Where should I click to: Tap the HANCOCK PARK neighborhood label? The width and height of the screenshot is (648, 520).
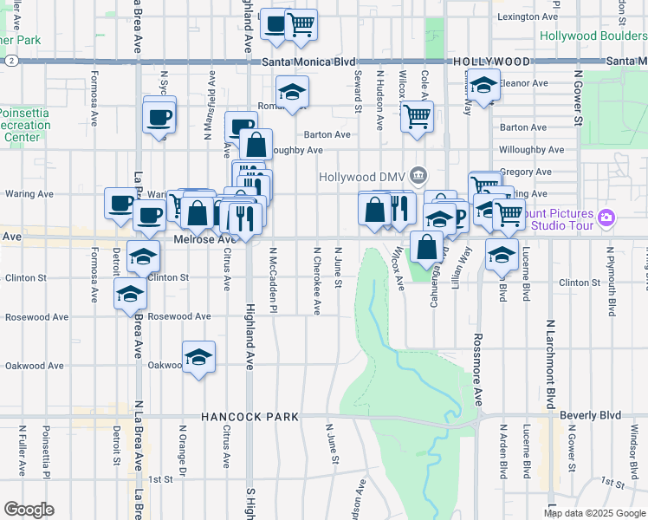249,417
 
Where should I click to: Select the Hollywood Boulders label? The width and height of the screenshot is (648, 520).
593,36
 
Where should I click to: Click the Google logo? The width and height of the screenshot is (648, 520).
29,510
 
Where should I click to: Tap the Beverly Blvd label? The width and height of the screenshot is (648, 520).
591,416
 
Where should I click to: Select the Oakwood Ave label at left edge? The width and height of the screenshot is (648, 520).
35,366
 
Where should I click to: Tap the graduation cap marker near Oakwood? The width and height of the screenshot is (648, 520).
198,357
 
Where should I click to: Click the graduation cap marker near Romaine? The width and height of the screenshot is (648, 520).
292,91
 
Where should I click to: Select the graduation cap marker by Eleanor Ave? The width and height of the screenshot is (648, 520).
484,85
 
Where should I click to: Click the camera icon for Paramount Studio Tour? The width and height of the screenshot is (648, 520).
606,217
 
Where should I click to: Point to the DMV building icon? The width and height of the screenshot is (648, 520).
418,176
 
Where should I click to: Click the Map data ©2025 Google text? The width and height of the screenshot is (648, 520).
594,513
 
